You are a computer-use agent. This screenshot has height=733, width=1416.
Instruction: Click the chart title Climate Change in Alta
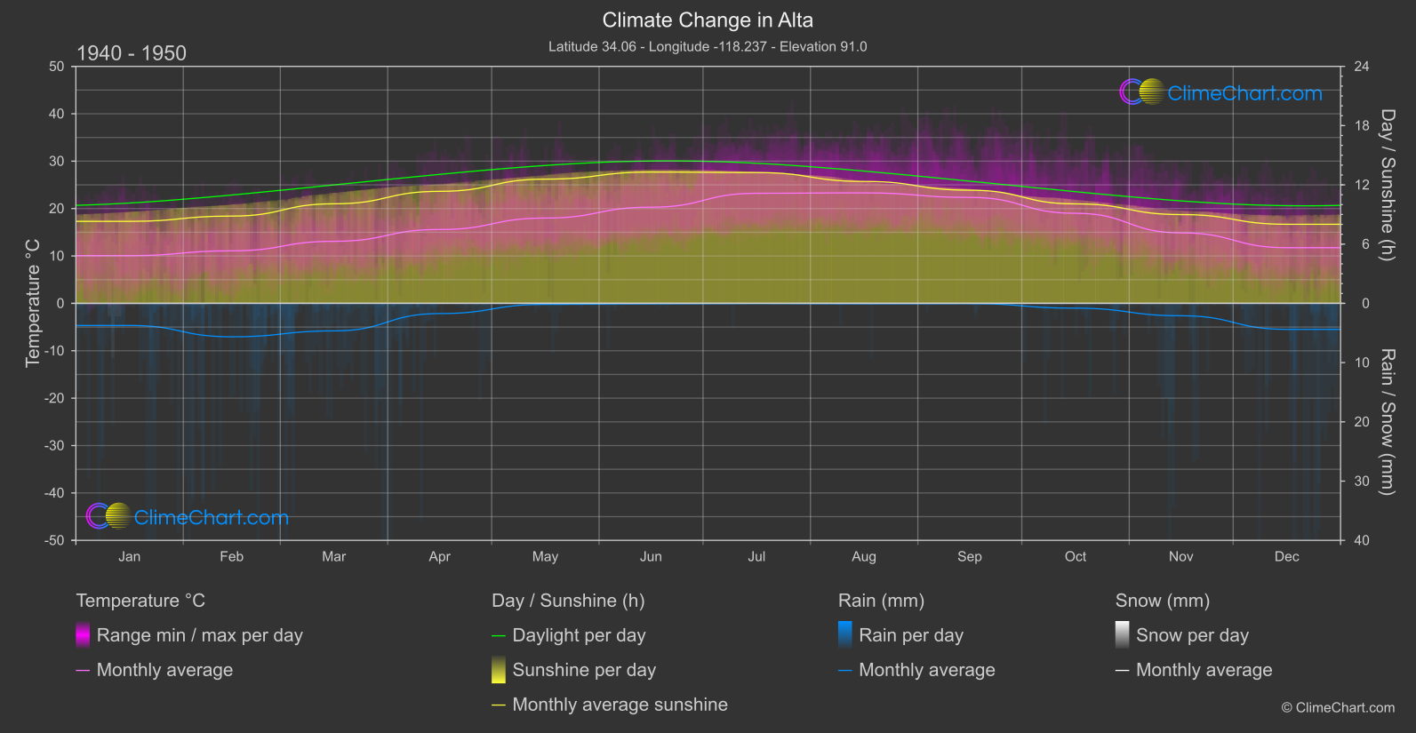tap(708, 20)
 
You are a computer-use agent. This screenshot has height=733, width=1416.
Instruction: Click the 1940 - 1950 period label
tap(132, 53)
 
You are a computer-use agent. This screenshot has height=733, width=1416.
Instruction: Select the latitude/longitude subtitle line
tap(708, 46)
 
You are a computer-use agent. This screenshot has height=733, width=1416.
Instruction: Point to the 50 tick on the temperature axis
tap(57, 67)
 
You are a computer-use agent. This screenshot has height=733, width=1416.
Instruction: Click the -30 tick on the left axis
tap(55, 446)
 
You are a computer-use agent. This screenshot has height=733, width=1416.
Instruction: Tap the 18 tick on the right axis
tap(1362, 126)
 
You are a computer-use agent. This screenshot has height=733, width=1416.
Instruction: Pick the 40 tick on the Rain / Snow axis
tap(1362, 540)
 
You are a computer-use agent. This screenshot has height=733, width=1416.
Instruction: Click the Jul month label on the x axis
tap(756, 557)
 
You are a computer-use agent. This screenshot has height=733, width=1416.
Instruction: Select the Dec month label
tap(1286, 557)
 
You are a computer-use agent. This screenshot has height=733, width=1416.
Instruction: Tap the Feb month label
tap(231, 557)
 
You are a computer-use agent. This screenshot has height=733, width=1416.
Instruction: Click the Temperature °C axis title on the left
tap(33, 303)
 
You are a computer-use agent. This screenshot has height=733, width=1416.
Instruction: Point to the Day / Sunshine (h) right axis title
tap(1387, 185)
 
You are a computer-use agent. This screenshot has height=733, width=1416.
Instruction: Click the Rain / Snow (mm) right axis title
tap(1387, 422)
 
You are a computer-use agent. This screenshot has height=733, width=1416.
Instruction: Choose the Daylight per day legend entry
tap(579, 635)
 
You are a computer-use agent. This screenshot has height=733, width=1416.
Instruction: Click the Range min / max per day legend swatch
tap(83, 635)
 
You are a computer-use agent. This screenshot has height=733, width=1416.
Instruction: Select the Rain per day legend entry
tap(910, 635)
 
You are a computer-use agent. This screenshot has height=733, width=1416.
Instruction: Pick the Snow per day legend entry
tap(1192, 635)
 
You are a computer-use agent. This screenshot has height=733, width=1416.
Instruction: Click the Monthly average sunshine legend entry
tap(620, 705)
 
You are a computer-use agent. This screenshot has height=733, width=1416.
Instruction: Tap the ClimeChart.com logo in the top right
tap(1220, 92)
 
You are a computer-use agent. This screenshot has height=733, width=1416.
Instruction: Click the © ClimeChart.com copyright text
tap(1338, 708)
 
